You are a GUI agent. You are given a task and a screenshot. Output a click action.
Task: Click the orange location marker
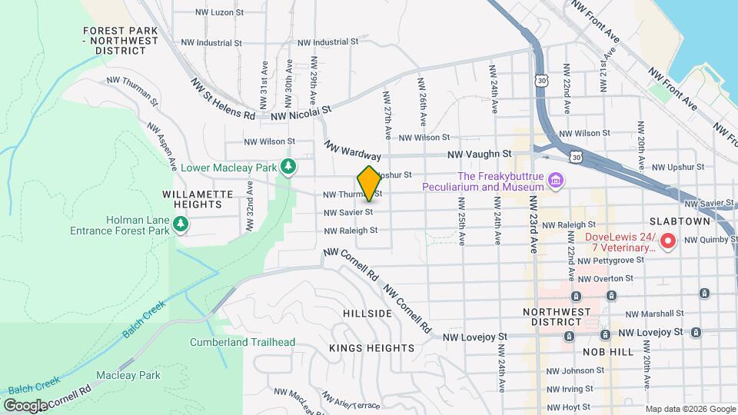click(x=368, y=183)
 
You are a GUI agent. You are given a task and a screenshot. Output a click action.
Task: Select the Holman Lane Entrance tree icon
click(x=181, y=224)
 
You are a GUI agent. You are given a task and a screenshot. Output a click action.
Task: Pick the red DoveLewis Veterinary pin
click(x=668, y=242)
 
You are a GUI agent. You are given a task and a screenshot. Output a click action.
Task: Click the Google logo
click(x=25, y=404)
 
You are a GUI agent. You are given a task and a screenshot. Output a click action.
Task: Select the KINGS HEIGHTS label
click(x=372, y=348)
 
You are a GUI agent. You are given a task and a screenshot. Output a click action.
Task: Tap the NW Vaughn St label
click(x=480, y=154)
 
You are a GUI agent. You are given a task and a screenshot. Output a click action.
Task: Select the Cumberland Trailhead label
click(x=232, y=342)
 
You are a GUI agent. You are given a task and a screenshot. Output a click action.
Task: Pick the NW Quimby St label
click(x=710, y=240)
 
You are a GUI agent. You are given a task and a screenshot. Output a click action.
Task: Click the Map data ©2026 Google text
click(x=690, y=408)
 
